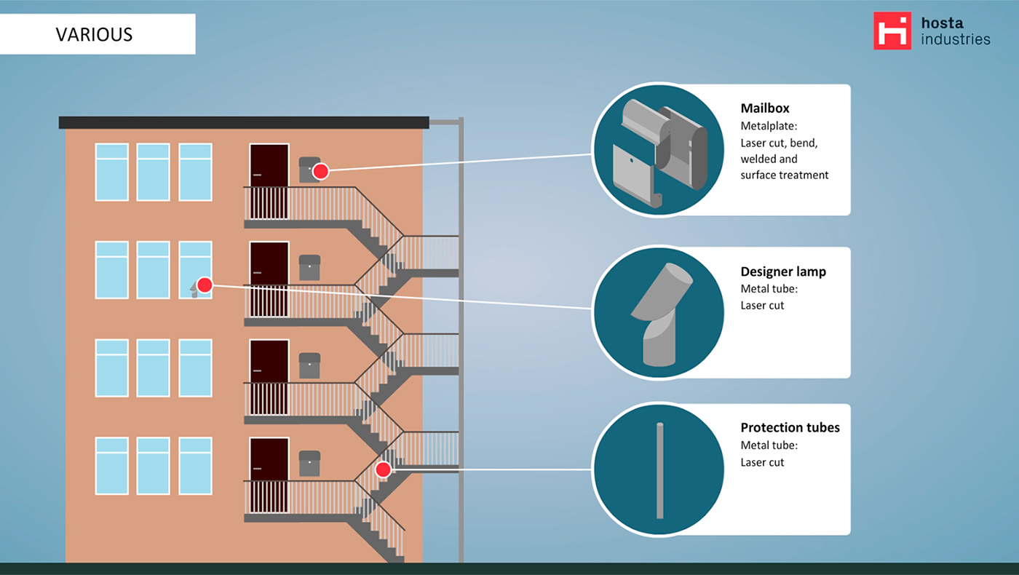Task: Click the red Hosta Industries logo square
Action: click(892, 31)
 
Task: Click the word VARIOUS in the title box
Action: click(94, 34)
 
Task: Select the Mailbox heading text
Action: click(765, 108)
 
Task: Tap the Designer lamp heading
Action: click(783, 271)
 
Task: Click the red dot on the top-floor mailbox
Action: click(320, 171)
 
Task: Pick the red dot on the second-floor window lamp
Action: click(205, 285)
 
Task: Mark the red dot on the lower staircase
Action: click(383, 469)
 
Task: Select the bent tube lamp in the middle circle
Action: click(661, 313)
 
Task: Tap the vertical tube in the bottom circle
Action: click(659, 470)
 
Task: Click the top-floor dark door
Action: click(269, 181)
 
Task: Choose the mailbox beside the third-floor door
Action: click(309, 365)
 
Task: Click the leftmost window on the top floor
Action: click(112, 172)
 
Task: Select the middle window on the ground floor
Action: click(154, 466)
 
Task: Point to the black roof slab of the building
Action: click(244, 122)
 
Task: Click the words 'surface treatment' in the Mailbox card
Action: click(785, 175)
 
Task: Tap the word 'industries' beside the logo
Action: click(955, 39)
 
